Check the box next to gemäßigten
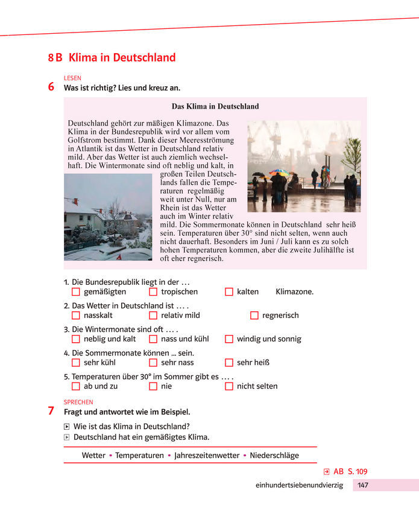tap(75, 291)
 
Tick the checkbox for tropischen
tap(153, 291)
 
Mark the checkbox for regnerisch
tap(254, 315)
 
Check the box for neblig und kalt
tap(75, 339)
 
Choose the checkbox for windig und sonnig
tap(229, 339)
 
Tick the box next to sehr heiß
tap(229, 363)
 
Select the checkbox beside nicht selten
tap(229, 386)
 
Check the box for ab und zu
tap(75, 386)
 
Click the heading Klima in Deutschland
tap(122, 58)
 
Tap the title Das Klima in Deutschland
tap(215, 106)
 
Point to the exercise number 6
tap(51, 87)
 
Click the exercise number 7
tap(51, 412)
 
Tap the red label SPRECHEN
tap(78, 402)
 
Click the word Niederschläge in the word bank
tap(274, 456)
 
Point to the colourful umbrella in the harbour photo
tap(279, 173)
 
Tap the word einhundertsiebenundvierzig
tap(299, 485)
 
